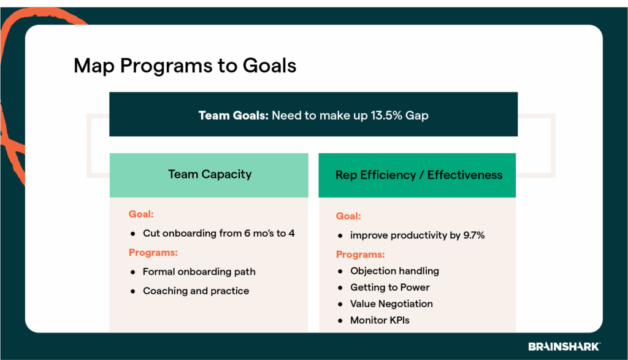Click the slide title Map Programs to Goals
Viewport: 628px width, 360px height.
185,66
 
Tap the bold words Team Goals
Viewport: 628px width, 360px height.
233,115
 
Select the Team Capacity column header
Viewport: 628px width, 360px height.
210,174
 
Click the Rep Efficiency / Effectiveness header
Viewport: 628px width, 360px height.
418,175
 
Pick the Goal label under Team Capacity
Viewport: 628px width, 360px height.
141,214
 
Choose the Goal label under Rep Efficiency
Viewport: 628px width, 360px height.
348,216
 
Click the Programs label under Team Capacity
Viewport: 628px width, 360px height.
153,252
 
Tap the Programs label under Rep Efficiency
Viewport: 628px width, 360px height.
361,255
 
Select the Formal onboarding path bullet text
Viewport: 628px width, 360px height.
199,272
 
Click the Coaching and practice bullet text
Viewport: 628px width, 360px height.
196,291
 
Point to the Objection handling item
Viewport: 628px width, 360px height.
394,270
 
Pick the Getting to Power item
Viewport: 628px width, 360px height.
389,287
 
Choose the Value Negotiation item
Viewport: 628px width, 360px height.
391,304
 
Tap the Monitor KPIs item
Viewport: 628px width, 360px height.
380,320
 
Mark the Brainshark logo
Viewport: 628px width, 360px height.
564,347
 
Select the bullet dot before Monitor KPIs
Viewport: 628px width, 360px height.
340,320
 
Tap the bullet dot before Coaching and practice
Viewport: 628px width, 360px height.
132,291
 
